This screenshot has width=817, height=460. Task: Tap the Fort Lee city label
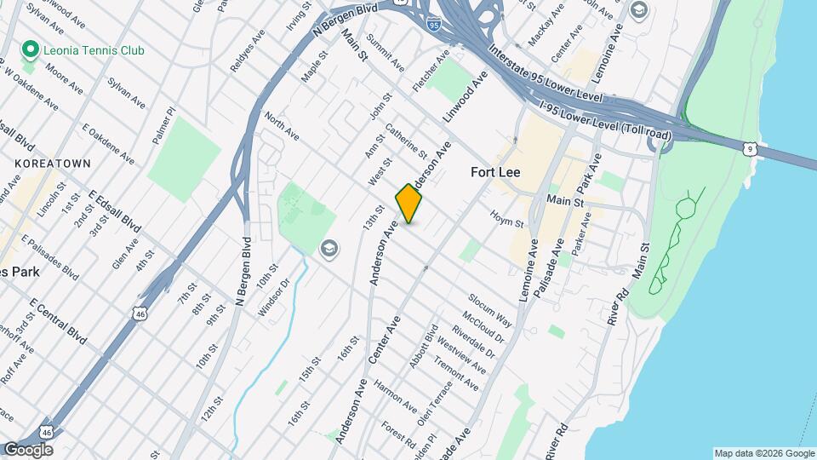click(x=495, y=172)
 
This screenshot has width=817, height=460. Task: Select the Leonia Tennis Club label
click(x=94, y=50)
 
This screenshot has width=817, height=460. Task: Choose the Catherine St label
click(x=406, y=142)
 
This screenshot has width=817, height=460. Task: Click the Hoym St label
click(x=506, y=218)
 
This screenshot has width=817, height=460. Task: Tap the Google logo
click(x=27, y=449)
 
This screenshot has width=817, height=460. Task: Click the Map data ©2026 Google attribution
click(x=764, y=453)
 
